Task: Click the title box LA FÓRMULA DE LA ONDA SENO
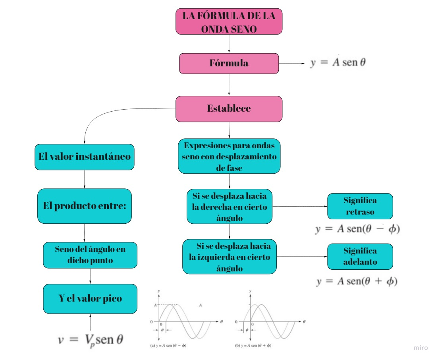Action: [x=229, y=21]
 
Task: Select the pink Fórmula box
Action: [x=229, y=63]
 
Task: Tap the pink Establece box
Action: [x=229, y=108]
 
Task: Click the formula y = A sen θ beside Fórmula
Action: [x=338, y=63]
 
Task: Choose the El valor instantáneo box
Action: [x=84, y=157]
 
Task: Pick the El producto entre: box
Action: [x=84, y=206]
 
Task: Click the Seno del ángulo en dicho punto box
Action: [x=90, y=255]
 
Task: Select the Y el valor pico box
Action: [x=90, y=298]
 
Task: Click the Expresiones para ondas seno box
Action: [x=229, y=156]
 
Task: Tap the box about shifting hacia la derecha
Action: [x=230, y=207]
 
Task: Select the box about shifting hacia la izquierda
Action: [x=230, y=257]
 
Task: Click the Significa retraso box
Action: [x=360, y=206]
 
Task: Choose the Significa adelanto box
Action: [x=360, y=256]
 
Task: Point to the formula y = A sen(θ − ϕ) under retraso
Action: [x=357, y=230]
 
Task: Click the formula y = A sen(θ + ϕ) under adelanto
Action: [x=357, y=281]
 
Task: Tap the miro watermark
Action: [x=421, y=348]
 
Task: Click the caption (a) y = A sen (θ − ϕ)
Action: [x=168, y=346]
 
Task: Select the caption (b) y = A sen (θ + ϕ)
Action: [x=253, y=346]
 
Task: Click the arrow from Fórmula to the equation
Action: [x=292, y=64]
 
